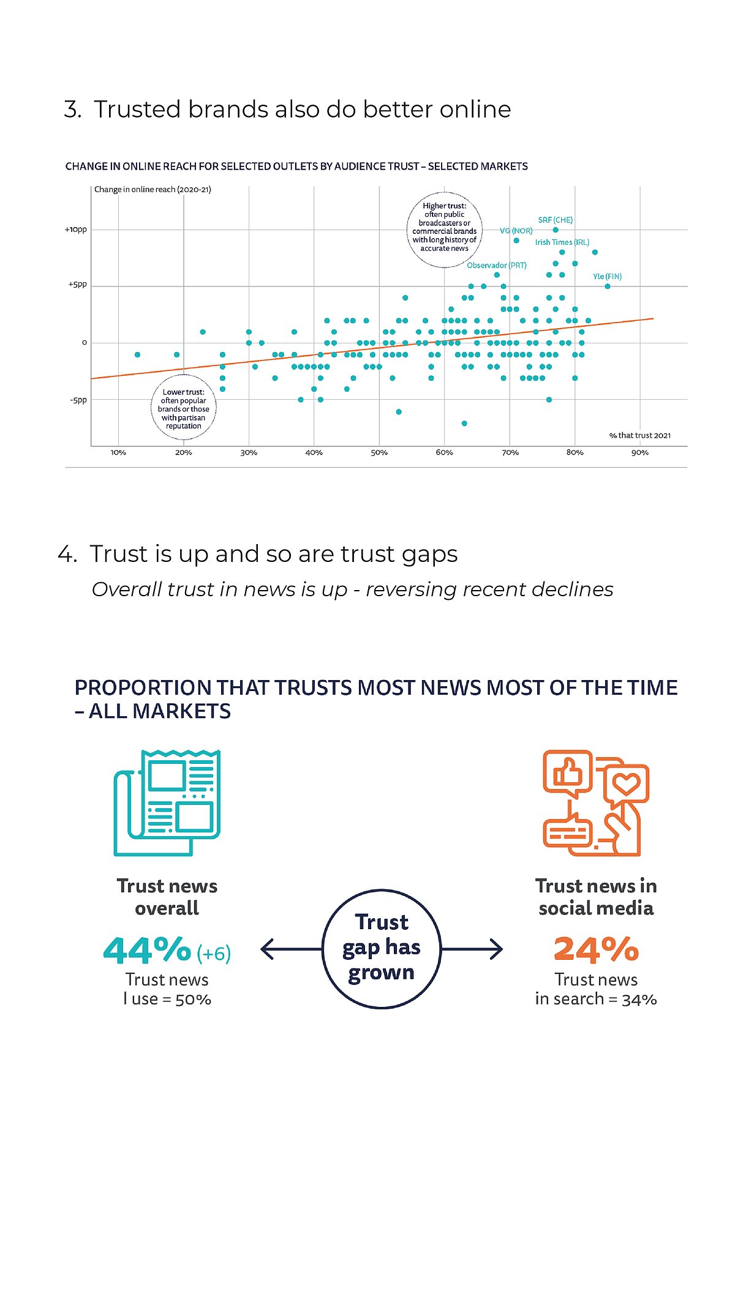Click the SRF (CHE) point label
(555, 220)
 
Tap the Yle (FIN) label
(607, 277)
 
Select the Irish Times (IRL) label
(562, 242)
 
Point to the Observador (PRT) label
(496, 265)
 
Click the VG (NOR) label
(516, 231)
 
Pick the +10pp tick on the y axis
(76, 230)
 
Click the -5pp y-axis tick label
(78, 400)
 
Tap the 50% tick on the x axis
(379, 452)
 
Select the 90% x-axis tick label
(639, 452)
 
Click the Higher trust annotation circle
(445, 229)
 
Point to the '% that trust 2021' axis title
(639, 435)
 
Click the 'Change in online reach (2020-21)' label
(153, 190)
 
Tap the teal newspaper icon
(167, 802)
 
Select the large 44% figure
(148, 950)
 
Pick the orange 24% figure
(596, 949)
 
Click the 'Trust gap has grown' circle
(381, 948)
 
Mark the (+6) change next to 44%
(214, 954)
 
